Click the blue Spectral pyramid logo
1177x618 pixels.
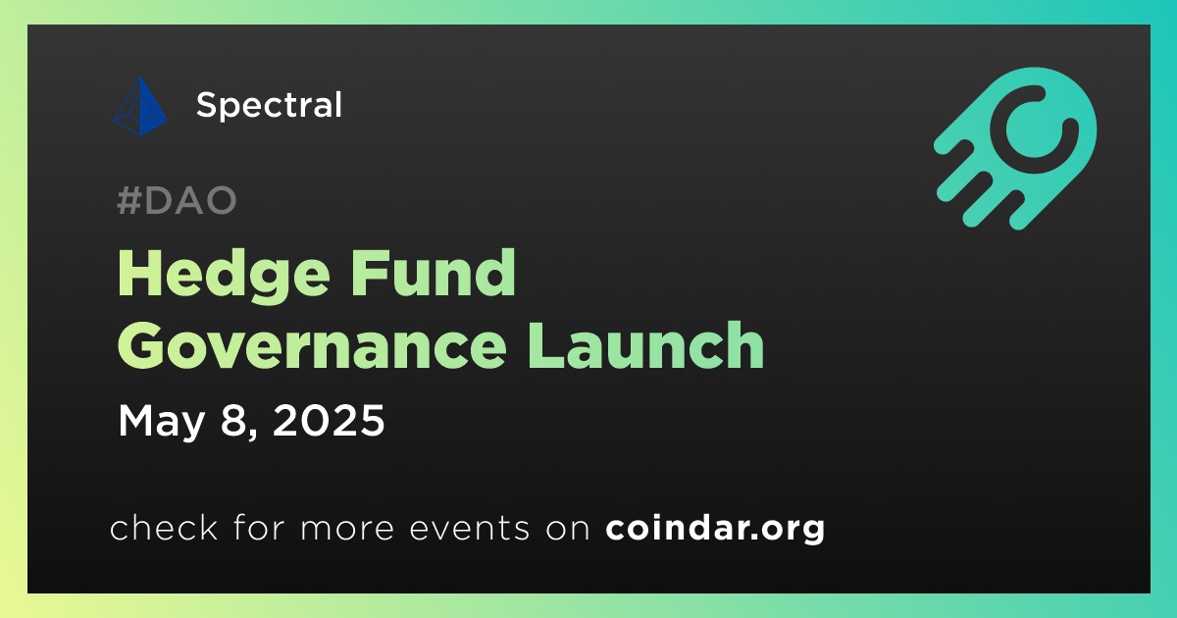point(140,106)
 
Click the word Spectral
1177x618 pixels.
point(269,105)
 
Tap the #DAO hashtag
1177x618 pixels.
point(178,200)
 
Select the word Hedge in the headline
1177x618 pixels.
point(224,275)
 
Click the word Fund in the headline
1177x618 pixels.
point(433,273)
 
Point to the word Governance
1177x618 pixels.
point(312,347)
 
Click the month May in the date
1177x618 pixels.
point(161,422)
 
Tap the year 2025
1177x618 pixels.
point(329,420)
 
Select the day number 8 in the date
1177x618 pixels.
point(232,420)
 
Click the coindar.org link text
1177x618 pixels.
point(715,528)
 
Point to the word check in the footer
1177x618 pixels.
point(164,527)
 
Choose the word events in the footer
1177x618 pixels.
point(469,528)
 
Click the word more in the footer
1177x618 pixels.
point(347,530)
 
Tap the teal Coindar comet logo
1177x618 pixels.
point(1015,148)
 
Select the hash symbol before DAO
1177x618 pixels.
point(128,200)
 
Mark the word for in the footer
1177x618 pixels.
point(259,527)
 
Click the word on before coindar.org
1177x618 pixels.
point(568,530)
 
